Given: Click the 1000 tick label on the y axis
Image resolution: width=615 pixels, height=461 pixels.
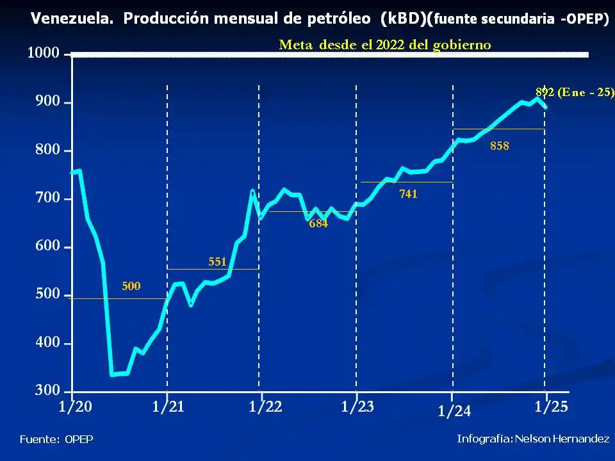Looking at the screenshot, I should point(43,54).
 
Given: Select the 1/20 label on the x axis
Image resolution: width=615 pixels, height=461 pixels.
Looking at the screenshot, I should point(75,407).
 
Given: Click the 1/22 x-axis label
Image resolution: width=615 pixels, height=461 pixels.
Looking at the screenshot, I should point(265,407).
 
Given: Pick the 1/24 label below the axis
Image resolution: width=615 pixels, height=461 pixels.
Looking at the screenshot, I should point(454,412).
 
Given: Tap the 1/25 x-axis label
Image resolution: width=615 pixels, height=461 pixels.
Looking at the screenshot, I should point(552,407).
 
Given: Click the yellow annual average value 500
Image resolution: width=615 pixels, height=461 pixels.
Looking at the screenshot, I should point(131,286).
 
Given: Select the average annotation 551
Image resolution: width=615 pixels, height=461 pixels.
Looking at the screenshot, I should point(218,261).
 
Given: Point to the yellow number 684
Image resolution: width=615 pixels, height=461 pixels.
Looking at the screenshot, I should point(318,223).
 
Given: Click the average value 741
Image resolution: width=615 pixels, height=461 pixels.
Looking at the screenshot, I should point(408,193).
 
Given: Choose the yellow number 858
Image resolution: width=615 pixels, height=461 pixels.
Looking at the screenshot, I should point(500,145).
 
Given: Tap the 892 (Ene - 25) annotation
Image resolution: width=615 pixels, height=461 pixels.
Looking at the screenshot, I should point(575,92).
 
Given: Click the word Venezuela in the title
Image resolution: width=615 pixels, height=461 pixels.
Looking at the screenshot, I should point(72,19).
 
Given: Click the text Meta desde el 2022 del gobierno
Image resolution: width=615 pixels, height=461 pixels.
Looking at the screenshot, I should point(385,45).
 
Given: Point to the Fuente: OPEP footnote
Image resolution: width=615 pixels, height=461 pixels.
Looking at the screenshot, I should point(56,439).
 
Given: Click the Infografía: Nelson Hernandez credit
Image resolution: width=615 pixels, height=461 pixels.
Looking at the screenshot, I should point(533,439).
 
